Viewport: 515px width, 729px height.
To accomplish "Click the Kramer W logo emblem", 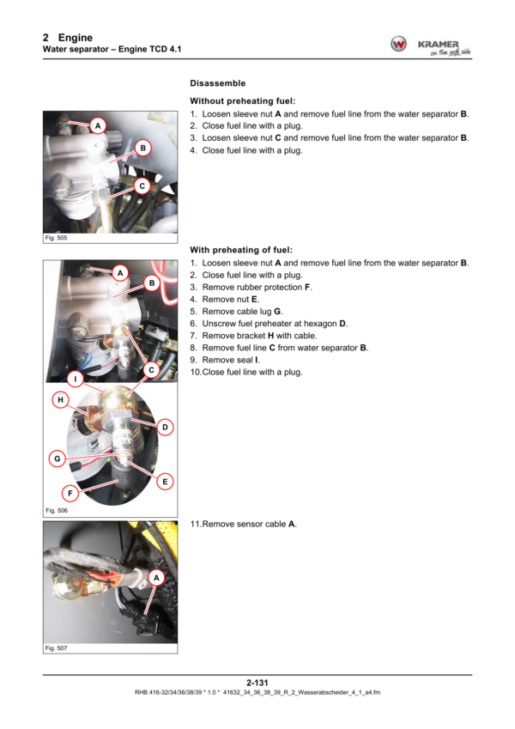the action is [x=398, y=44].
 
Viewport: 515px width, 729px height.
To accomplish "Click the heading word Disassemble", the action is [x=217, y=83].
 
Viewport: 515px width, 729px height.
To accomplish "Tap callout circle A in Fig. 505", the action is [x=98, y=125].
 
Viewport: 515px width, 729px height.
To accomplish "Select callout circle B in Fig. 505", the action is [x=143, y=148].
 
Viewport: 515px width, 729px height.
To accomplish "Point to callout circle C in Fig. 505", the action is [x=142, y=186].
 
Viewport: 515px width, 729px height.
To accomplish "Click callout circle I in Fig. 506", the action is [x=76, y=379].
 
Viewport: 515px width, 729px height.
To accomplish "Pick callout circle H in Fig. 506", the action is [x=60, y=400].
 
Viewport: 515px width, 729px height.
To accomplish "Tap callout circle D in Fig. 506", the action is [x=165, y=427].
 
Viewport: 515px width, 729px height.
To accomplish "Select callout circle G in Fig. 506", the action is [x=58, y=459].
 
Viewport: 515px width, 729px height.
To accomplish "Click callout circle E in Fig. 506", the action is [x=165, y=482].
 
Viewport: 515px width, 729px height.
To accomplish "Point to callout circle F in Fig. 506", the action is [x=70, y=493].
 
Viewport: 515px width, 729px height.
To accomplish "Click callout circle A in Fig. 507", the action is [x=156, y=578].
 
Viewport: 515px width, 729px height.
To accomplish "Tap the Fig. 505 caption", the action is [x=56, y=238].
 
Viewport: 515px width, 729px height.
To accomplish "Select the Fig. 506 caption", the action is [x=57, y=511].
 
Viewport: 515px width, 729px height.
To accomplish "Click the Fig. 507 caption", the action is [x=56, y=648].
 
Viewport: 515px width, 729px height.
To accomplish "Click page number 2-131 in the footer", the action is [x=257, y=683].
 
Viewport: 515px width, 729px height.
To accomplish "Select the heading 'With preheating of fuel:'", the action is [x=241, y=250].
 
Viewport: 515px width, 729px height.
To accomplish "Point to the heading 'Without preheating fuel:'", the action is [x=243, y=100].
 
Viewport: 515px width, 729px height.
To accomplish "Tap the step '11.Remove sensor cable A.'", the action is [x=243, y=524].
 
